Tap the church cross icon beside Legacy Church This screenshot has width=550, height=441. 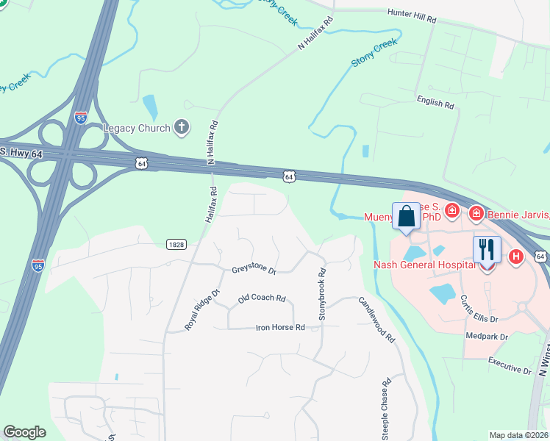pyautogui.click(x=182, y=128)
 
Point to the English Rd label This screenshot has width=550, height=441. pyautogui.click(x=435, y=103)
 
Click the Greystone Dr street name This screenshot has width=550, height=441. pyautogui.click(x=253, y=270)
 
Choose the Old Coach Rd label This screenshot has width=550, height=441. pyautogui.click(x=261, y=298)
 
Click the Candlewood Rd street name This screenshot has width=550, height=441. pyautogui.click(x=377, y=320)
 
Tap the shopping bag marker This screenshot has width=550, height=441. pyautogui.click(x=406, y=217)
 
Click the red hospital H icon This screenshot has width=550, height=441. pyautogui.click(x=516, y=257)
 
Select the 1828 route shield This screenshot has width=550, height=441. pyautogui.click(x=175, y=244)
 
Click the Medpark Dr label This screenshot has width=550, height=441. pyautogui.click(x=487, y=336)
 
